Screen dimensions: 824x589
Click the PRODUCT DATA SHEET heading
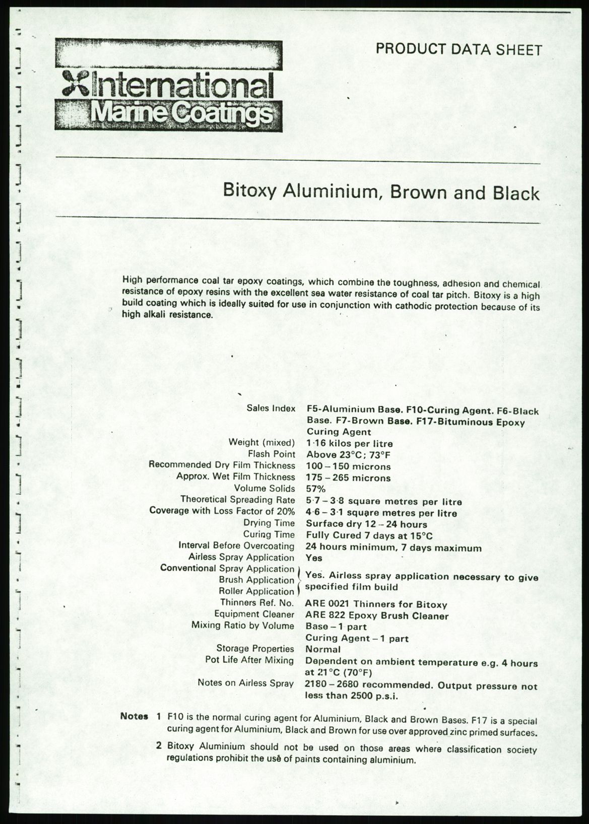click(459, 49)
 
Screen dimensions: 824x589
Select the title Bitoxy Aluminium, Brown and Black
click(381, 193)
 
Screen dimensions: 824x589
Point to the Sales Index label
click(271, 408)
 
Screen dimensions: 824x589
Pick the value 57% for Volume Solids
click(316, 489)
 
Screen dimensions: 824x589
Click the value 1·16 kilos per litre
click(349, 444)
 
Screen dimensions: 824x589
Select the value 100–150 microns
click(348, 466)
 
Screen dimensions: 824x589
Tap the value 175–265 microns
click(348, 477)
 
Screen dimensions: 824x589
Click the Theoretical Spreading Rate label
click(238, 499)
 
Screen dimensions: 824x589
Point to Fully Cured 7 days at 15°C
click(369, 535)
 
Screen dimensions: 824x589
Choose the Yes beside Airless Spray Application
click(314, 558)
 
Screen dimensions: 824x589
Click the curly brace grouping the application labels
click(300, 580)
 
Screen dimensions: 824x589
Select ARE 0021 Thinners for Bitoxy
click(376, 604)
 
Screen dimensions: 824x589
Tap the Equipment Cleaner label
click(254, 614)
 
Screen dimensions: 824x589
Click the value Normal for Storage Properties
click(323, 649)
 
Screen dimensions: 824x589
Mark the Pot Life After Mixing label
click(249, 660)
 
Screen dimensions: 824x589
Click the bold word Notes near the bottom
click(134, 716)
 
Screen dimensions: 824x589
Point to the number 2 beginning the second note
click(159, 745)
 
